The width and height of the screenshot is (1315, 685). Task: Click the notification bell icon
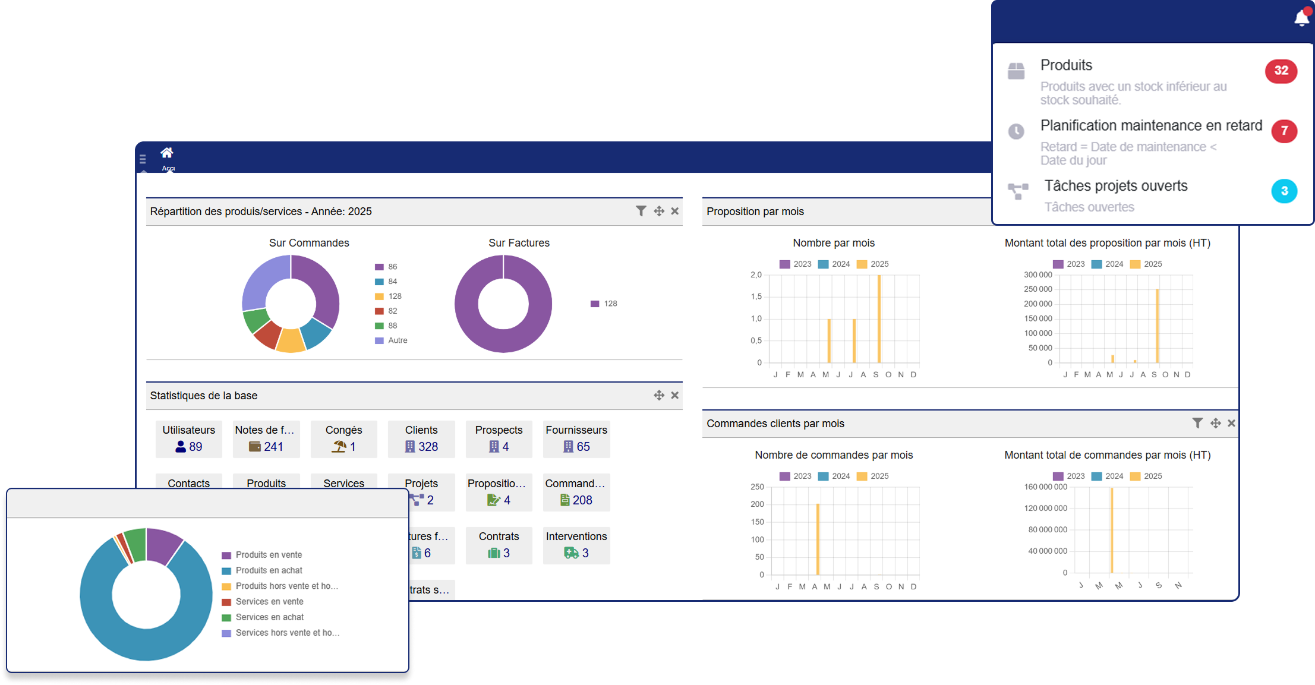tap(1301, 18)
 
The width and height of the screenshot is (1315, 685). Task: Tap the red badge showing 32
tap(1281, 71)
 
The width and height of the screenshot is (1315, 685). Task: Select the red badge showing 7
tap(1284, 131)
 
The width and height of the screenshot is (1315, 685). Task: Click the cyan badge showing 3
tap(1284, 191)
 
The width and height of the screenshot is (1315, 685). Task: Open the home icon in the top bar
tap(167, 153)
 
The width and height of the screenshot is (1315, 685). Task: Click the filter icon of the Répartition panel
tap(641, 211)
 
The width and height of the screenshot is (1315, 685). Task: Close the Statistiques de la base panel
tap(675, 395)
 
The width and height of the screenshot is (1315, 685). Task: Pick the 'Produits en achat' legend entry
tap(269, 570)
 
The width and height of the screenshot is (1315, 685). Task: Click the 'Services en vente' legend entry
tap(269, 602)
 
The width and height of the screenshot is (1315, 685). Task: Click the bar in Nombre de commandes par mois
tap(818, 539)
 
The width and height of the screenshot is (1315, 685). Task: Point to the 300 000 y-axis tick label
tap(1038, 275)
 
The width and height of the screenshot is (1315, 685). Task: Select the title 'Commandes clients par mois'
tap(775, 424)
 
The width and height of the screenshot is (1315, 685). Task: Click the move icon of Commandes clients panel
tap(1216, 423)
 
